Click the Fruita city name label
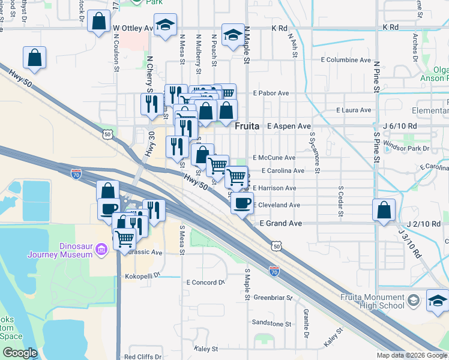coord(247,127)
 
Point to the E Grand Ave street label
coord(280,223)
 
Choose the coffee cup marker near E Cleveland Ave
coord(242,203)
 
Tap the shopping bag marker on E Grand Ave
coord(384,211)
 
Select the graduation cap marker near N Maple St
coord(233,35)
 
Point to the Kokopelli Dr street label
coord(142,277)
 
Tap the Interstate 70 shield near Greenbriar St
coord(274,271)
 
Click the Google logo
coord(20,353)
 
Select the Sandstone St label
coord(271,323)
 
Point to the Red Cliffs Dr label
coord(143,357)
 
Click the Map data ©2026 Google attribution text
coord(411,355)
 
